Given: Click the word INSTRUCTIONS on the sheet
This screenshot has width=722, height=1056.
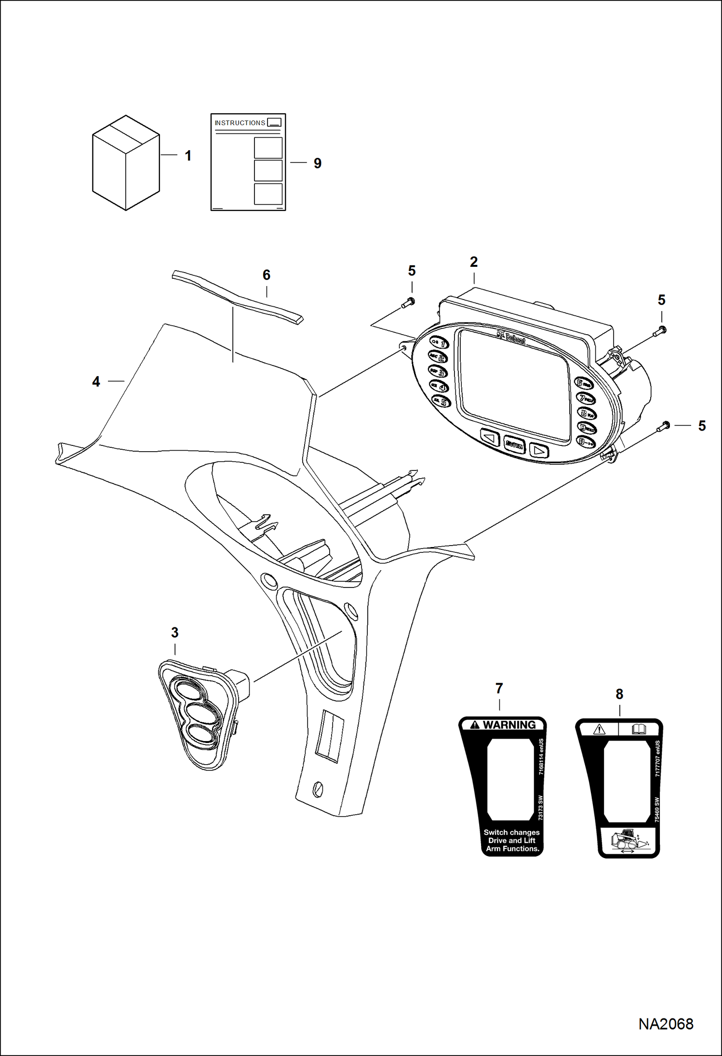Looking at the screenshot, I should pyautogui.click(x=240, y=123).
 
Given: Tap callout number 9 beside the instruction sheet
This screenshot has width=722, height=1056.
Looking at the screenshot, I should pyautogui.click(x=317, y=163).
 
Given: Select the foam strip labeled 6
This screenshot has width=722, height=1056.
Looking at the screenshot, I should pyautogui.click(x=236, y=297).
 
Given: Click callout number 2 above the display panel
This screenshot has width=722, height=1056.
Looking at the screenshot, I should pyautogui.click(x=474, y=262).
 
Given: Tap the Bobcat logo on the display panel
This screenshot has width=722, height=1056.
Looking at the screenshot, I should pyautogui.click(x=512, y=337).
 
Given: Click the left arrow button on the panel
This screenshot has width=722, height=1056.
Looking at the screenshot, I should pyautogui.click(x=490, y=439).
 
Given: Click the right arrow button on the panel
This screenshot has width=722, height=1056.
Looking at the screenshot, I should pyautogui.click(x=539, y=451).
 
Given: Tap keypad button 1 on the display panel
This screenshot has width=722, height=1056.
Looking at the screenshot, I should pyautogui.click(x=439, y=343).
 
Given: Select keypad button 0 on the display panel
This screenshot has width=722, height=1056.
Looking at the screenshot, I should pyautogui.click(x=587, y=442).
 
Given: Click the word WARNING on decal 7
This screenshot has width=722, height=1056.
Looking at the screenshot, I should pyautogui.click(x=508, y=725).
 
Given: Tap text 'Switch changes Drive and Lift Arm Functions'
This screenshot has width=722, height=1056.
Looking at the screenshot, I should pyautogui.click(x=511, y=840).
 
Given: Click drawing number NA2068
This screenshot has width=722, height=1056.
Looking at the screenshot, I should pyautogui.click(x=666, y=1024).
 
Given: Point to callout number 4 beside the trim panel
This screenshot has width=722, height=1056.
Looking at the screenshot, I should pyautogui.click(x=96, y=382).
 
